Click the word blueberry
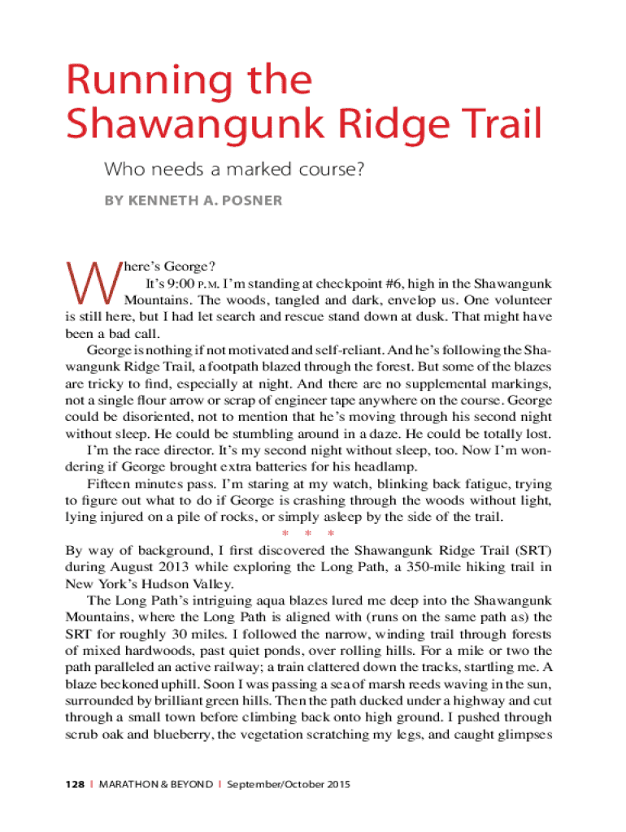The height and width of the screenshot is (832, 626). tap(172, 734)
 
